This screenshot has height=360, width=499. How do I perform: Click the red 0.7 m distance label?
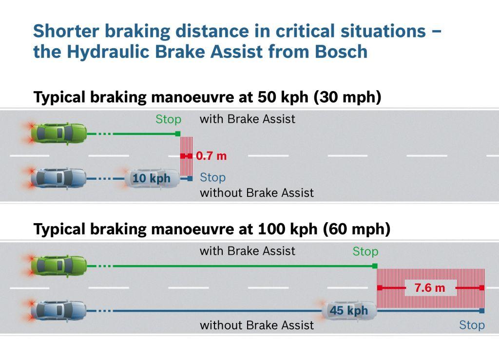point(211,156)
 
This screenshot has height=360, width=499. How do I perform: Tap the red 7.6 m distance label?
point(430,288)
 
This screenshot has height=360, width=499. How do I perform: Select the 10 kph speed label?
point(151,178)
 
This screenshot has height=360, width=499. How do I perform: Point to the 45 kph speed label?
point(349,310)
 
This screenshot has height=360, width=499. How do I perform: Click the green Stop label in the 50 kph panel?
point(168,119)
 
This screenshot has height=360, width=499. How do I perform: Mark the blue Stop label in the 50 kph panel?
point(212,177)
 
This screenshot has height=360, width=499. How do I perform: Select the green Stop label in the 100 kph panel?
point(365,251)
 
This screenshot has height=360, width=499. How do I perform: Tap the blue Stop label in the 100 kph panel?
point(472,325)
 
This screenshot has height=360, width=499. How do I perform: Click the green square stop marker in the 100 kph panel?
point(375,266)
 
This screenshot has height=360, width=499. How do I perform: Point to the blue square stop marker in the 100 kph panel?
point(482,311)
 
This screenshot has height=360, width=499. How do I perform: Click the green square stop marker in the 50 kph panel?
point(178,133)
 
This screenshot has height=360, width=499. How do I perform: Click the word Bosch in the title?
point(341,52)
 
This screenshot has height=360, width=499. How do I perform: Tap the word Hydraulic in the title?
point(108,52)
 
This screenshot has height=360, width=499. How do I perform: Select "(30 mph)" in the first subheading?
point(347,97)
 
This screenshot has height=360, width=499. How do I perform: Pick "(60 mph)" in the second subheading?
point(356,229)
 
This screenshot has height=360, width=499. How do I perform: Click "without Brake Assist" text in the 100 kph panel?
point(257,325)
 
